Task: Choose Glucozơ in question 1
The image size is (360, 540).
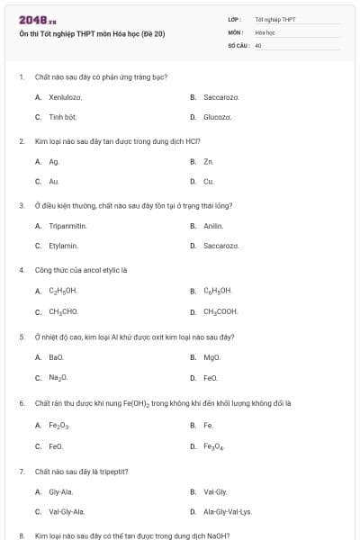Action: tap(217, 117)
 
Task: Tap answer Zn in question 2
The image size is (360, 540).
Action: tap(208, 161)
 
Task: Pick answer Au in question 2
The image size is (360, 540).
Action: tap(54, 182)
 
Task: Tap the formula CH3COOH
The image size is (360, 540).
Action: tap(220, 311)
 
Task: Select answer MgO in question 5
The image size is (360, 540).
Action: tap(211, 357)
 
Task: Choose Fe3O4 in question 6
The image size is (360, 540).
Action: tap(213, 445)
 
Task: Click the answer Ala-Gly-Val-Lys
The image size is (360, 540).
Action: tap(228, 511)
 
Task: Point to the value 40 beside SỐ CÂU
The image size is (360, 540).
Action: tap(258, 45)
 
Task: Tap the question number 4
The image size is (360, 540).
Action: tap(22, 269)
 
